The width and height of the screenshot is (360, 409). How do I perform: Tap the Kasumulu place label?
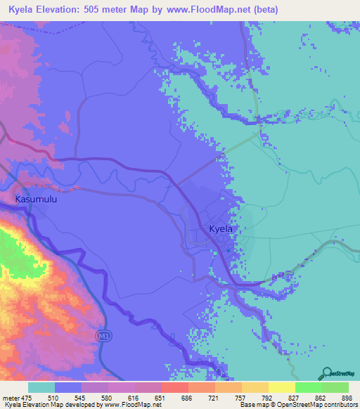tap(36, 200)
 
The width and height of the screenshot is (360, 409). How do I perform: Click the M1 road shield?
tap(103, 335)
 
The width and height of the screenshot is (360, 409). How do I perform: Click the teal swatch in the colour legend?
tap(41, 387)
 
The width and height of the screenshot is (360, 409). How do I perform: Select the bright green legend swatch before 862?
tap(308, 387)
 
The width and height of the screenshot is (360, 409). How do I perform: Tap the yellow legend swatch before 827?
tap(281, 387)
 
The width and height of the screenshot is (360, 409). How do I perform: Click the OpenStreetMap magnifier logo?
tap(327, 374)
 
